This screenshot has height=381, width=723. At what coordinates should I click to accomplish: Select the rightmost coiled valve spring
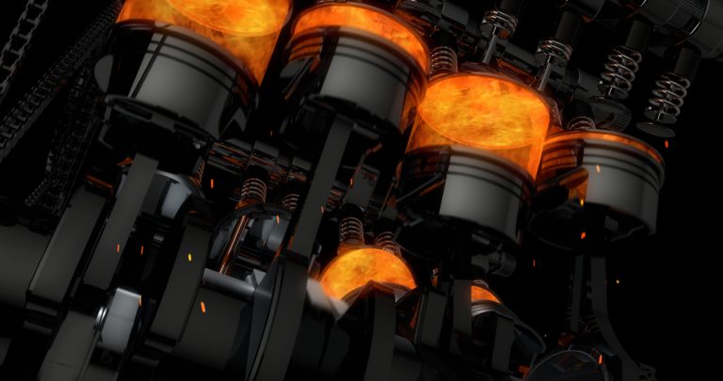(667, 94)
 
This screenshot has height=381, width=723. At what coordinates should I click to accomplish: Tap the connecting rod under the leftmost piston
(132, 216)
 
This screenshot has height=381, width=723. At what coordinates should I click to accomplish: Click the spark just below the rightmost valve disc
(667, 143)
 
